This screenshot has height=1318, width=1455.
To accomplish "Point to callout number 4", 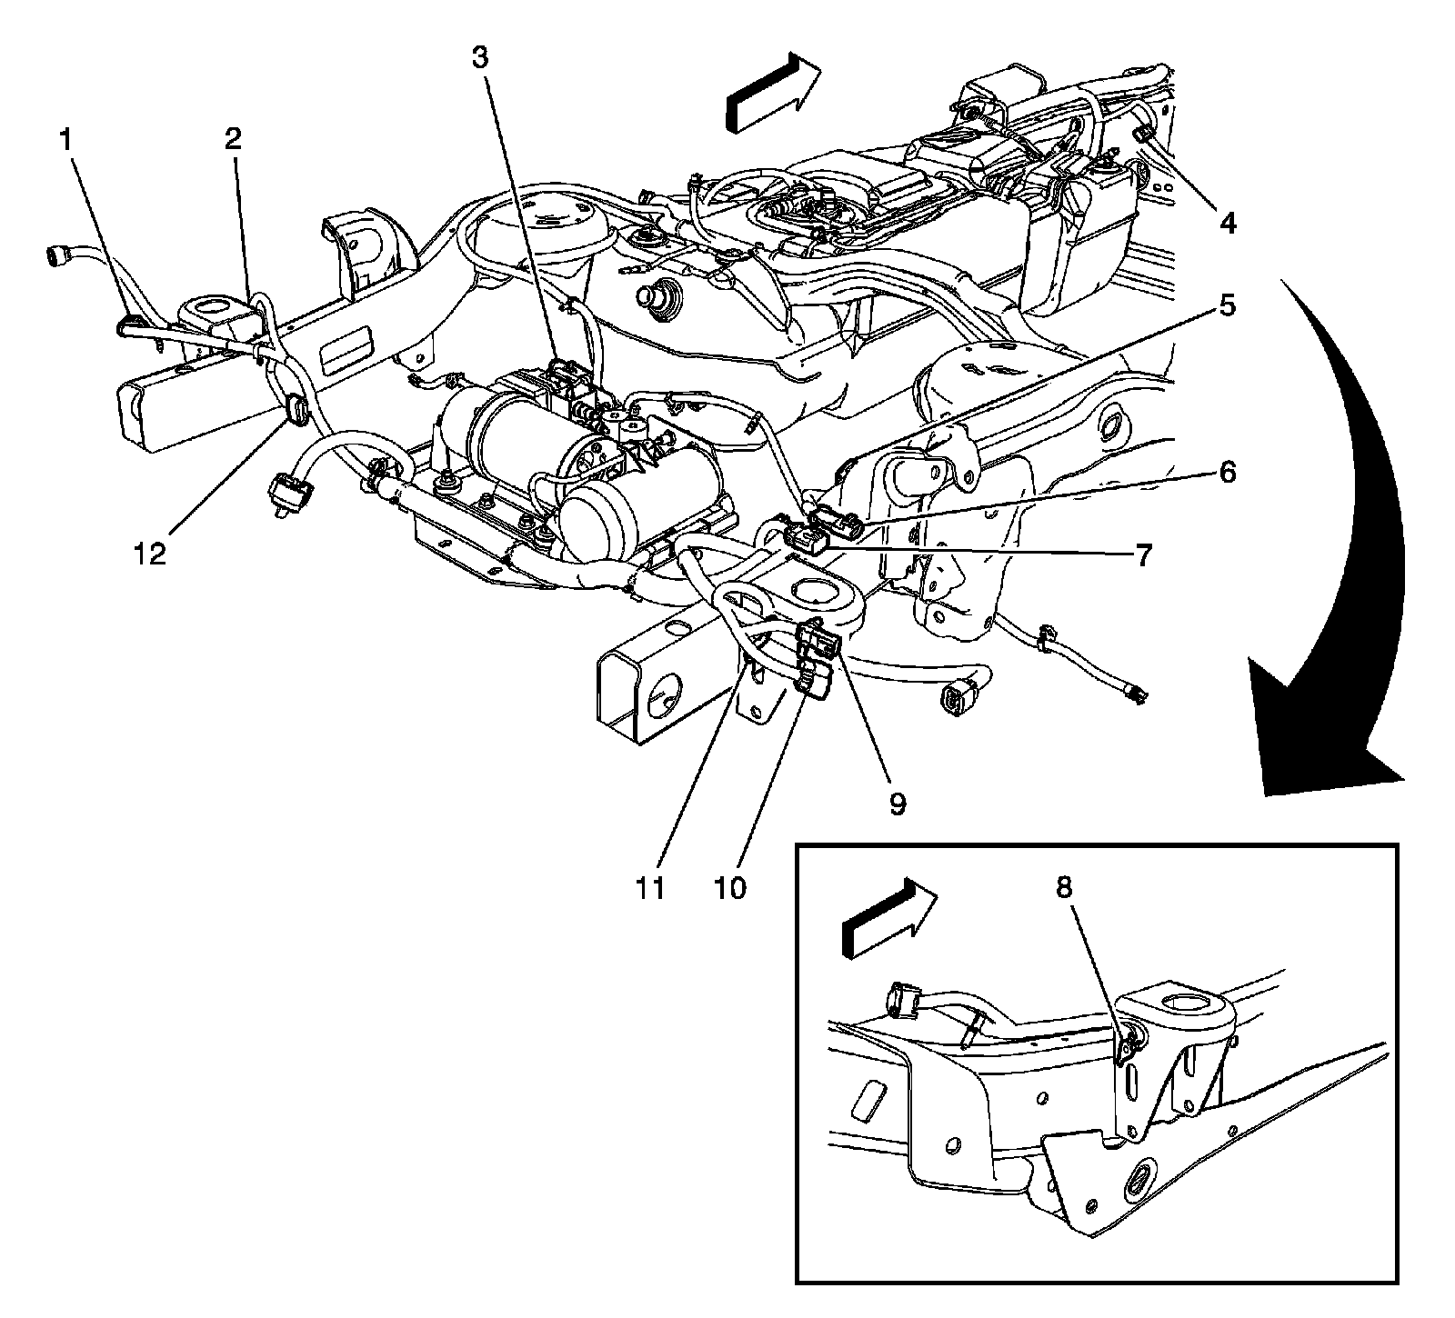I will pyautogui.click(x=1228, y=223).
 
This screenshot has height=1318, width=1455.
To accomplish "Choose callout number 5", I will pyautogui.click(x=1227, y=306).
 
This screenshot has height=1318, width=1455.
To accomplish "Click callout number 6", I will pyautogui.click(x=1227, y=473).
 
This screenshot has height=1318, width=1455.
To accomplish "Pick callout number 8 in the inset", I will pyautogui.click(x=1063, y=888).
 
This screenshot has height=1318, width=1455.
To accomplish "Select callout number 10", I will pyautogui.click(x=730, y=887).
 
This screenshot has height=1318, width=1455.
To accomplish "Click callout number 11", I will pyautogui.click(x=650, y=887).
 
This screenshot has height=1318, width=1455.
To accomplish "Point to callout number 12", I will pyautogui.click(x=151, y=554).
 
